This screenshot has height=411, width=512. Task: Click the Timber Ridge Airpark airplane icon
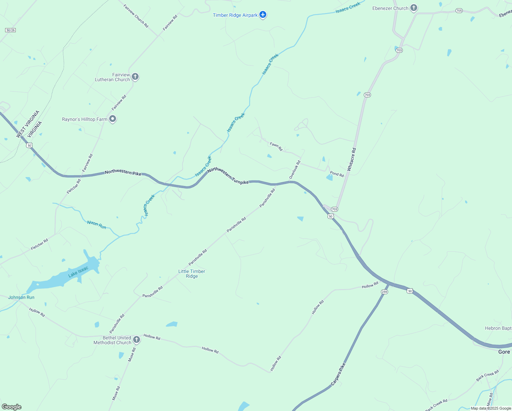[x=263, y=15]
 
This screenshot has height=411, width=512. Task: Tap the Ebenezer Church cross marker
[x=414, y=8]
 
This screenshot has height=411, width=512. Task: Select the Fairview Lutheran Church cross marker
[x=135, y=77]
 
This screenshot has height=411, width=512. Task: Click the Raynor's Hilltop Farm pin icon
[x=113, y=119]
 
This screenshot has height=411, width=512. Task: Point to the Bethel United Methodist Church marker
[x=136, y=340]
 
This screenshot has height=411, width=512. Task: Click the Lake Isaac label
[x=78, y=272]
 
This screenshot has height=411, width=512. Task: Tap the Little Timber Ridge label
[x=192, y=274]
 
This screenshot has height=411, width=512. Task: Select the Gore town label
[x=504, y=352]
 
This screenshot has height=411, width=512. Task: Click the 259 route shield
[x=384, y=292]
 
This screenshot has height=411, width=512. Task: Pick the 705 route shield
[x=459, y=11]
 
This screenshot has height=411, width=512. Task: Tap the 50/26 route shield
[x=11, y=30]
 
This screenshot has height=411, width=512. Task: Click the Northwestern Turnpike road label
[x=228, y=176]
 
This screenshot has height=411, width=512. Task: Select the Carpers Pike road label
[x=338, y=374]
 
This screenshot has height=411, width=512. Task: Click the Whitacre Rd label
[x=351, y=159]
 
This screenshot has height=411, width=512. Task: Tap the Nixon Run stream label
[x=97, y=225]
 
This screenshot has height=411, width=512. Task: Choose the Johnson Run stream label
[x=21, y=297]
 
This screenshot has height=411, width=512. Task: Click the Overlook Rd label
[x=295, y=170]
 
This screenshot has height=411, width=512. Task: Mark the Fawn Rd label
[x=276, y=147]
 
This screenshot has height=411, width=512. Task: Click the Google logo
[x=11, y=407]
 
